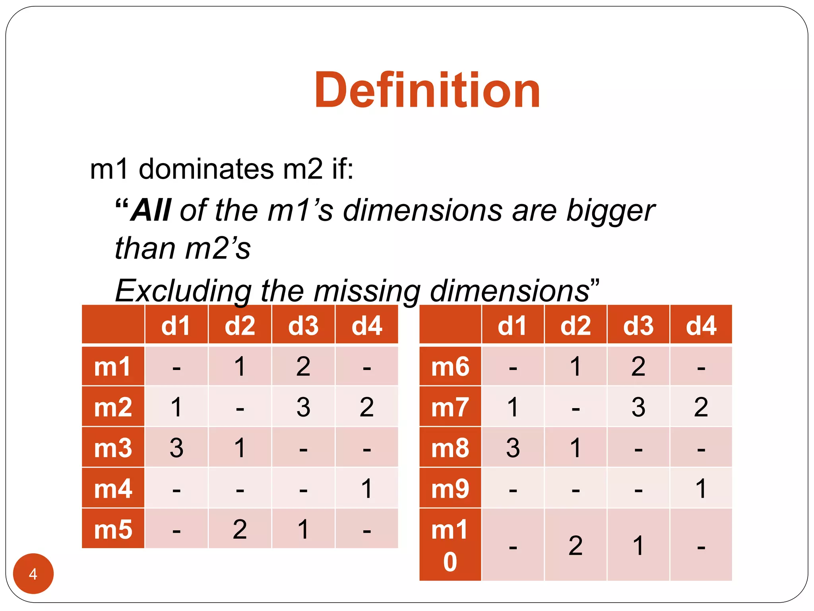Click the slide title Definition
point(427,90)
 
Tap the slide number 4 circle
point(33,574)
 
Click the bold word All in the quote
point(151,210)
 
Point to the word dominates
point(206,169)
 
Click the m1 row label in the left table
point(113,366)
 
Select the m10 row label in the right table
point(450,545)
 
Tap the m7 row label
point(450,407)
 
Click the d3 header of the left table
point(303,325)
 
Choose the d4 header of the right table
point(701,325)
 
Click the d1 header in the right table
point(512,325)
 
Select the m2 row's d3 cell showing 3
point(303,407)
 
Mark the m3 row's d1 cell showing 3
point(176,448)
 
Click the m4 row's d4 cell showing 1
point(366,488)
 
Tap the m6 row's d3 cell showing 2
point(638,366)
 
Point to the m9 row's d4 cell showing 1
point(701,488)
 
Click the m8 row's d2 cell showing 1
point(576,448)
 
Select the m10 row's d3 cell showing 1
point(638,545)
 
